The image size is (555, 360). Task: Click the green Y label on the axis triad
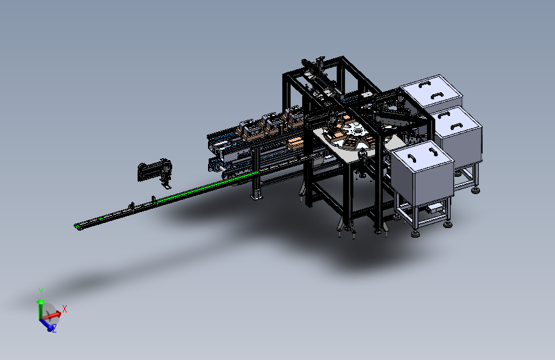[41, 292]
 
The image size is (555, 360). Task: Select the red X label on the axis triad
[65, 309]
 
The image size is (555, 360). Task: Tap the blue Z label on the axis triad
[54, 329]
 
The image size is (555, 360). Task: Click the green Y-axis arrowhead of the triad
[41, 302]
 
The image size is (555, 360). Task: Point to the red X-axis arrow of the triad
[52, 315]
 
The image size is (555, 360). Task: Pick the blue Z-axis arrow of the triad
[46, 325]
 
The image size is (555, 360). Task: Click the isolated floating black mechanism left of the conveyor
[156, 173]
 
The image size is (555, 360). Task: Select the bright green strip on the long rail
[208, 186]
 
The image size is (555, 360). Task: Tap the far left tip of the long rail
[75, 226]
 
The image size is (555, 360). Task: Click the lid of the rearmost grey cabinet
[431, 90]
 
